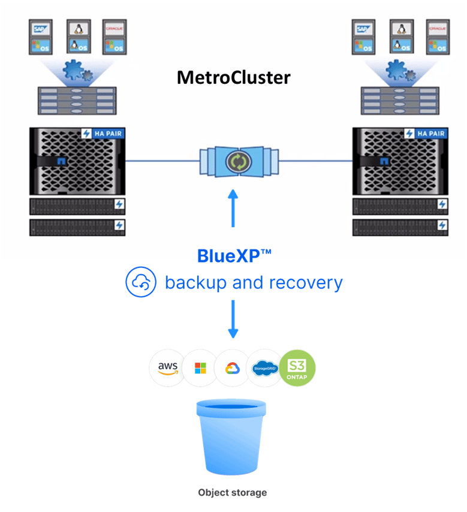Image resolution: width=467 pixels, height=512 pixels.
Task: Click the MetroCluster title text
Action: [x=233, y=78]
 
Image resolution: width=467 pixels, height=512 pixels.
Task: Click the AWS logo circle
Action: [x=167, y=368]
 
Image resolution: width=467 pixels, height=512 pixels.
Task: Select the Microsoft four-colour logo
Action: [x=200, y=368]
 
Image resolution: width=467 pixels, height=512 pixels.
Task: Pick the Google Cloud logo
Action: [x=233, y=368]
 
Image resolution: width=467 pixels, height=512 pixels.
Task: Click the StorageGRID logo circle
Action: [x=265, y=368]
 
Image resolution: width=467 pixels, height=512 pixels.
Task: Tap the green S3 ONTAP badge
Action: [x=297, y=368]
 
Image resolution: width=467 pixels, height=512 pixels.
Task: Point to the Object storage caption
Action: [x=233, y=493]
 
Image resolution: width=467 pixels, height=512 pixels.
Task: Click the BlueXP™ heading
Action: [x=234, y=255]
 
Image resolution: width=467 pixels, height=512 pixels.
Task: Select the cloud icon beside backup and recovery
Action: [x=140, y=282]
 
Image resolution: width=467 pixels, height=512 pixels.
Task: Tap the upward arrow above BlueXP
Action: [x=233, y=207]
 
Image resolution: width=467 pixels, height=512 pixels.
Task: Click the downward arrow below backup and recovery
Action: [x=233, y=318]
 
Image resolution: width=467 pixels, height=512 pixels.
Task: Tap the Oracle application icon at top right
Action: [x=438, y=28]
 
